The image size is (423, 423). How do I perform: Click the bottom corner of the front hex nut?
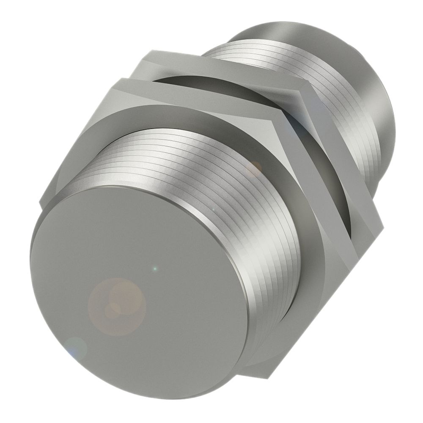click(250, 372)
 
